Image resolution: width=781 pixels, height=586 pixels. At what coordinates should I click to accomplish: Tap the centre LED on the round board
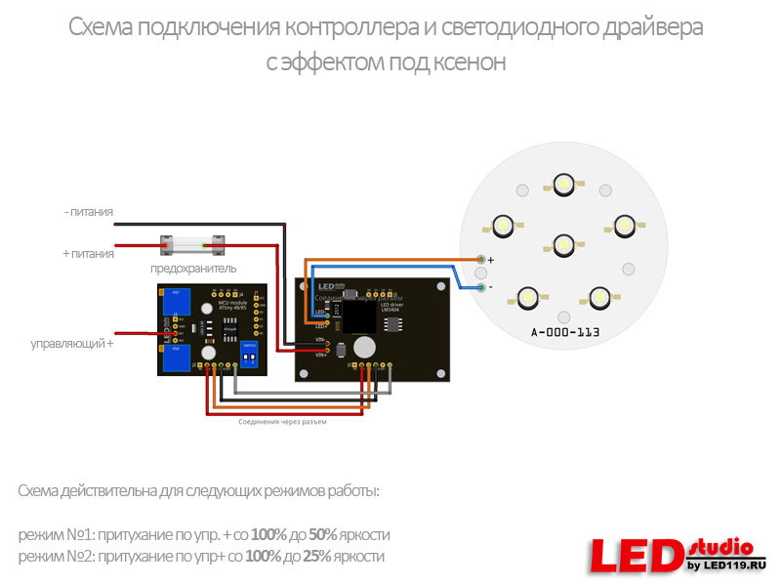coord(563,243)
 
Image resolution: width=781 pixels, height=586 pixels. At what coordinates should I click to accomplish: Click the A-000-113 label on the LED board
coord(564,333)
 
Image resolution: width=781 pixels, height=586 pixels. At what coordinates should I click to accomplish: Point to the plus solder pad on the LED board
coord(481,259)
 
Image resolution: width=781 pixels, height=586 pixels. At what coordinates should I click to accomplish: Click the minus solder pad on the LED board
coord(481,287)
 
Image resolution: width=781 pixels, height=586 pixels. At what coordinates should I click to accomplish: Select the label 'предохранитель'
coord(193,268)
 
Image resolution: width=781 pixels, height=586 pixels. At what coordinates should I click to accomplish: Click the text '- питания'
coord(88,211)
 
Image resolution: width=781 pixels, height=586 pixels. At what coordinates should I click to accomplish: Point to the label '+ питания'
coord(88,253)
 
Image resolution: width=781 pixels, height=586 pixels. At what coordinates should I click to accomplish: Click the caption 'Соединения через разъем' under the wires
coord(283,423)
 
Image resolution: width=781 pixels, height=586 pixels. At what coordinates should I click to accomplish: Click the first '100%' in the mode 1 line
coord(267,535)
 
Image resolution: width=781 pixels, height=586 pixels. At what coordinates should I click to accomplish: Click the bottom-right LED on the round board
coord(598,295)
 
